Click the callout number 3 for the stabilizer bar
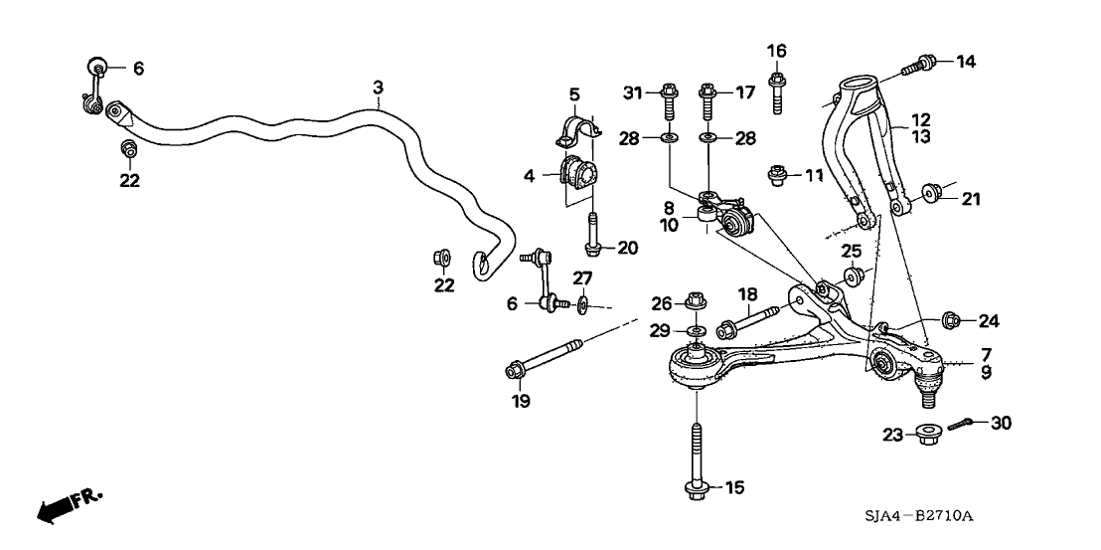click(378, 89)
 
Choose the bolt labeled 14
click(917, 65)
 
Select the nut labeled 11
click(780, 177)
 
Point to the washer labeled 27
click(582, 303)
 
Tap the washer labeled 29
click(696, 329)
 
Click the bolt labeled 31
click(668, 100)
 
